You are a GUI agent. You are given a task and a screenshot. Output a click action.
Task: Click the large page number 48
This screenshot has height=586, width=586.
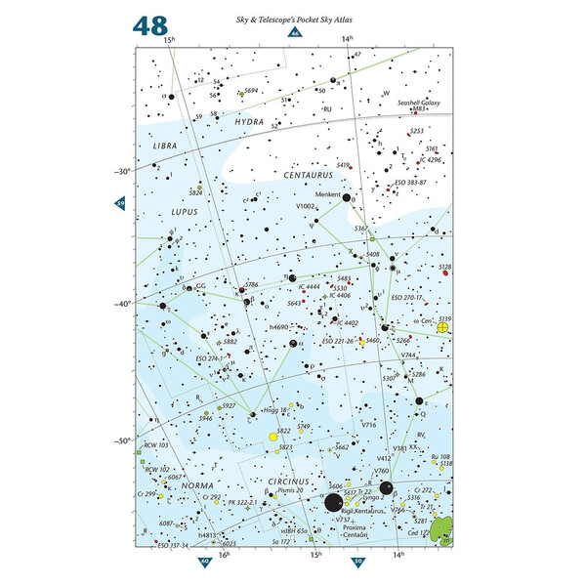151,25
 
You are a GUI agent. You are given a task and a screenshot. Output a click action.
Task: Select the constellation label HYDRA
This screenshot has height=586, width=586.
256,122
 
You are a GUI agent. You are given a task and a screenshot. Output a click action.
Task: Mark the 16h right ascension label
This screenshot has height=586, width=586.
225,555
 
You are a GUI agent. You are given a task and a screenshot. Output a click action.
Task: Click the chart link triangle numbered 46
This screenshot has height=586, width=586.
293,34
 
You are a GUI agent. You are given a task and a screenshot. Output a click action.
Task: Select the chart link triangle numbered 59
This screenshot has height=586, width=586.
121,203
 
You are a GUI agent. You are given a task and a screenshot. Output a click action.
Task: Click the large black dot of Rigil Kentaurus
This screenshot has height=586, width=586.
333,503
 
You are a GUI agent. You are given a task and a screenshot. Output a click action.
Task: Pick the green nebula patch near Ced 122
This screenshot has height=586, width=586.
444,527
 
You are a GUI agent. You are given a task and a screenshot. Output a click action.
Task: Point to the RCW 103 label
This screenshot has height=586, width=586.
157,446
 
